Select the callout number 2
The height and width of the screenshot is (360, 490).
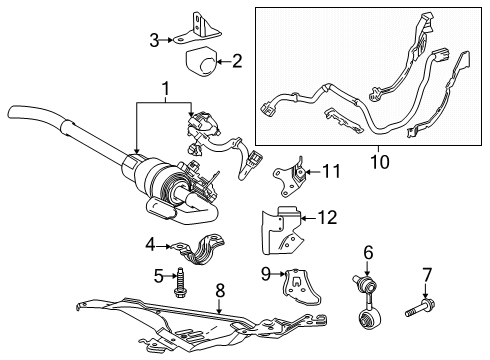236,62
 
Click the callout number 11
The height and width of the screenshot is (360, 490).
331,172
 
